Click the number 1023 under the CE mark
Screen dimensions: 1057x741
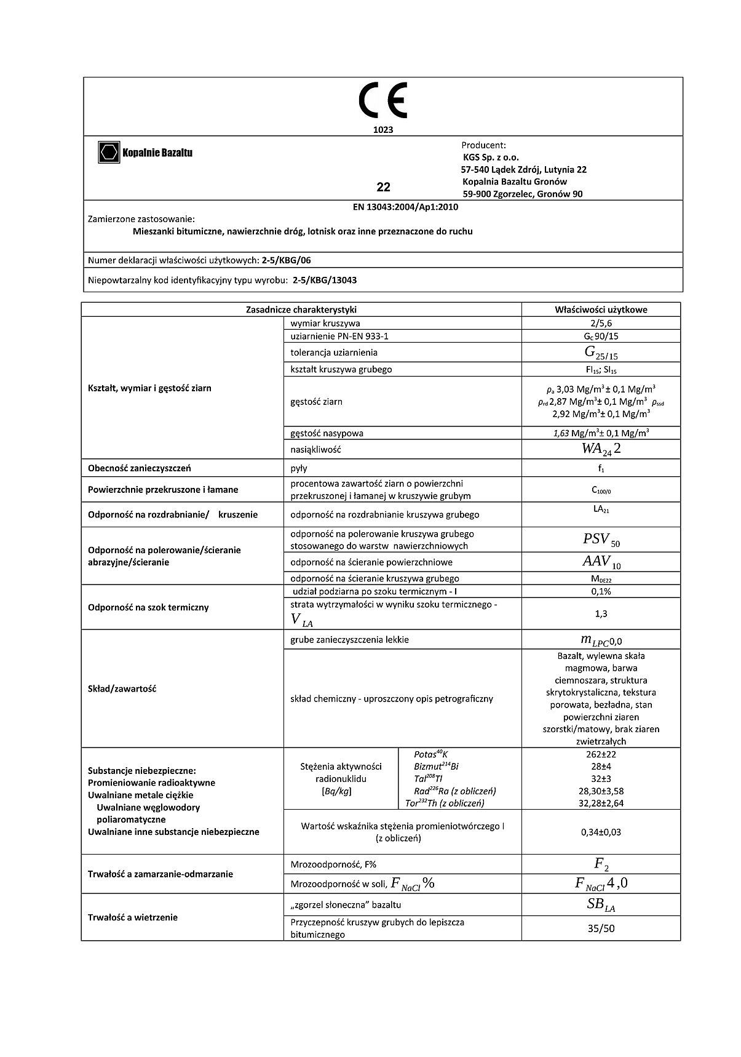pos(383,130)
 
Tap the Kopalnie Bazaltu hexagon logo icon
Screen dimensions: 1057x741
pos(109,153)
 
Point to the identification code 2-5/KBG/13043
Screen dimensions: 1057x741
pos(325,280)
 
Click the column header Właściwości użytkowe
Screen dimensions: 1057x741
pos(600,309)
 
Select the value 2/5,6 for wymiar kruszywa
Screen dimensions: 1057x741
pos(600,323)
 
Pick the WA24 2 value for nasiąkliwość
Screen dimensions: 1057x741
pos(601,449)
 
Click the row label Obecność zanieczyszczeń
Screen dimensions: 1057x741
pos(139,468)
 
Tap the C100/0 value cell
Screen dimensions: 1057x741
pos(601,490)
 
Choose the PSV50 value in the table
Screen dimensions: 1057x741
pos(601,540)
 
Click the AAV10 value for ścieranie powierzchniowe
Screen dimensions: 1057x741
pos(601,562)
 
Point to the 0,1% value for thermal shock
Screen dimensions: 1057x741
pos(600,591)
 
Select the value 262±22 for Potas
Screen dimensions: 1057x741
pos(600,754)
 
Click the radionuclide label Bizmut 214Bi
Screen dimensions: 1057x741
pos(436,767)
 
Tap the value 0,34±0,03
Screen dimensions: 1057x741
pos(600,832)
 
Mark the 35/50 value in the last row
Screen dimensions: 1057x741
pos(601,928)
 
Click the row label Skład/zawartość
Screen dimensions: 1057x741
pos(122,688)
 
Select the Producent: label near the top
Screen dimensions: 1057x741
pos(483,145)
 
